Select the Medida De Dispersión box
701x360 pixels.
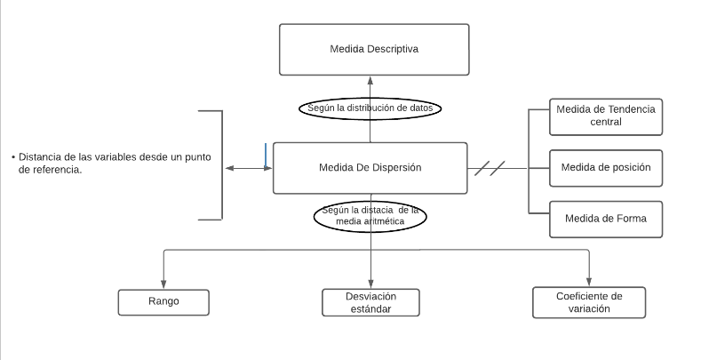tap(370, 167)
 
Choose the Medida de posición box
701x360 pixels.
tap(605, 167)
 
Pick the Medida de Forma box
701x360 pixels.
tap(605, 220)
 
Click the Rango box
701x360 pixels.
tap(163, 301)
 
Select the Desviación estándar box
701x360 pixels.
tap(370, 302)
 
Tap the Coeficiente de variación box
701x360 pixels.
tap(588, 302)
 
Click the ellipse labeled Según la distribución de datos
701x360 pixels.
tap(370, 108)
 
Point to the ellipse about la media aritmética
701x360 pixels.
tap(370, 216)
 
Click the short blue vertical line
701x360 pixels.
tap(266, 155)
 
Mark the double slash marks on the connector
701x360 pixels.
tap(490, 167)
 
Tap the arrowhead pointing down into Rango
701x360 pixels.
tap(163, 283)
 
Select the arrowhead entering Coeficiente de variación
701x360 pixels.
tap(588, 281)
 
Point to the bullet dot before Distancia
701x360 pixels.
tap(13, 156)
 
